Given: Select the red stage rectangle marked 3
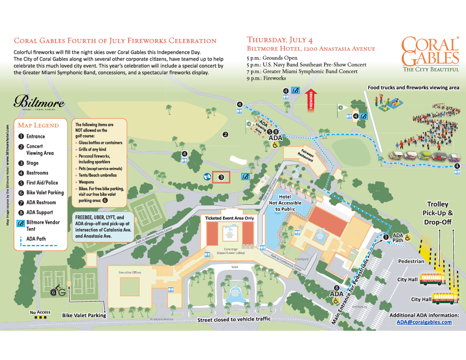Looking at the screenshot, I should coord(221,177).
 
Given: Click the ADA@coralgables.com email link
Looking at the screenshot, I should coord(424,322).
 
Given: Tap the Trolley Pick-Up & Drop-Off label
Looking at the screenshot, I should coord(437,213).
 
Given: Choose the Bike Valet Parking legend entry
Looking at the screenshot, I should coord(45,193).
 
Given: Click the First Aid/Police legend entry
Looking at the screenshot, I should coord(42,183).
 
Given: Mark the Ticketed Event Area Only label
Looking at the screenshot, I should coord(229,218).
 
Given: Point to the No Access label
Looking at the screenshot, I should coord(40,312).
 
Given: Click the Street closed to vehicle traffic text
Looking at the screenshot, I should coord(233,319).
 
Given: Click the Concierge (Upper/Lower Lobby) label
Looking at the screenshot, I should coord(229,250).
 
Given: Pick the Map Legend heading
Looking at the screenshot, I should coord(38,125).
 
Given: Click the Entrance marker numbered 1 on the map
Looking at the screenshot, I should coord(386,237).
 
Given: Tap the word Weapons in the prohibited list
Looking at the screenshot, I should coord(86,182).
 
